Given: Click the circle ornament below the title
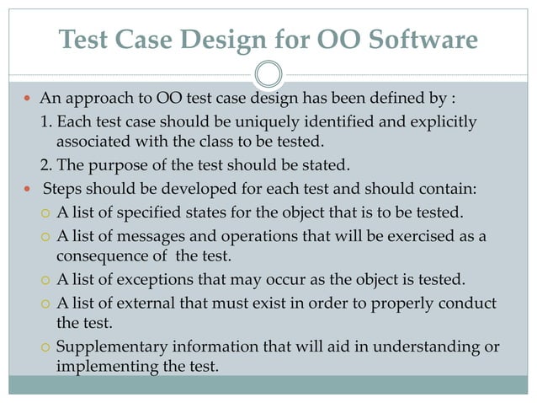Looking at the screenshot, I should (268, 73).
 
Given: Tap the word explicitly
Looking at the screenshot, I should (444, 123).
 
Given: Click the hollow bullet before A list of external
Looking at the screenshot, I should (45, 304).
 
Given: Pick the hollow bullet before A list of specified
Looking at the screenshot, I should (45, 210).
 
